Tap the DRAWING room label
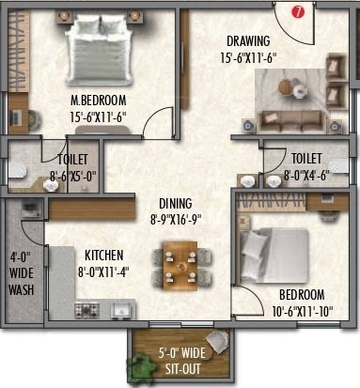(248, 40)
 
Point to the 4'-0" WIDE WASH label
(21, 273)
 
